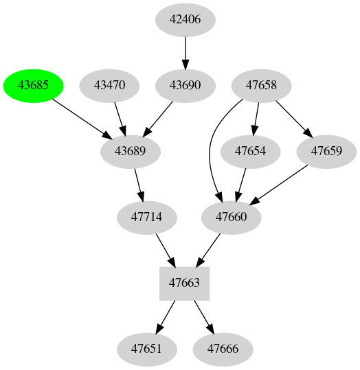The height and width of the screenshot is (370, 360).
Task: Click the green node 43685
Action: point(34,86)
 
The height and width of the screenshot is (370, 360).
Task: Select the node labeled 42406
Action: point(185,20)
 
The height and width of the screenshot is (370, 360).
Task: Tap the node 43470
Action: point(110,86)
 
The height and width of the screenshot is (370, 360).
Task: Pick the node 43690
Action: point(185,86)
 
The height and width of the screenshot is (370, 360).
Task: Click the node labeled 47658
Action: point(261,86)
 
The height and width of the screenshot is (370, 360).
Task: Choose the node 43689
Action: point(131,151)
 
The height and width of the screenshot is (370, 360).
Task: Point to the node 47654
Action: point(250,151)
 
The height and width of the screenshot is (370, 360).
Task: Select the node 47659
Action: point(326,151)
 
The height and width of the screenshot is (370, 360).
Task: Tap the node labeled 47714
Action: point(147,217)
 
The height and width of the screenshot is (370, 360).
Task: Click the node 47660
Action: point(232,217)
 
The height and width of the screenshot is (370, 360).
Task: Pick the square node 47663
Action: point(184,282)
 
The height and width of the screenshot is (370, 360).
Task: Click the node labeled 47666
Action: point(223,349)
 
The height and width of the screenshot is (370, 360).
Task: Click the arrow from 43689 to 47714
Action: point(139,184)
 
